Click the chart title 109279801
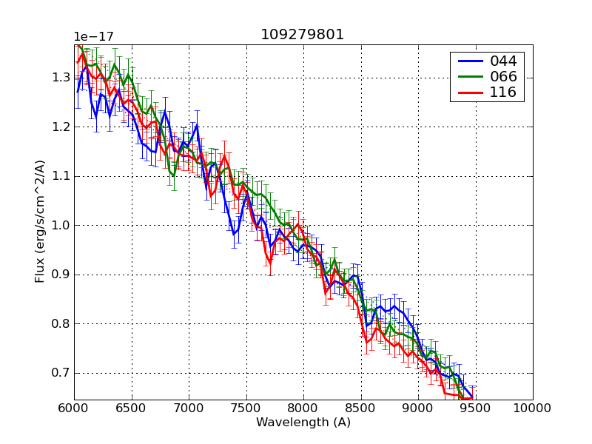302,35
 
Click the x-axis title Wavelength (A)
303,423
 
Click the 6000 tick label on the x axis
74,408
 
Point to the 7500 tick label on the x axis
246,408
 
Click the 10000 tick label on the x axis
533,408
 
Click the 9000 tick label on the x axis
418,408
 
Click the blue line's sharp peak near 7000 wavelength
197,125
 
